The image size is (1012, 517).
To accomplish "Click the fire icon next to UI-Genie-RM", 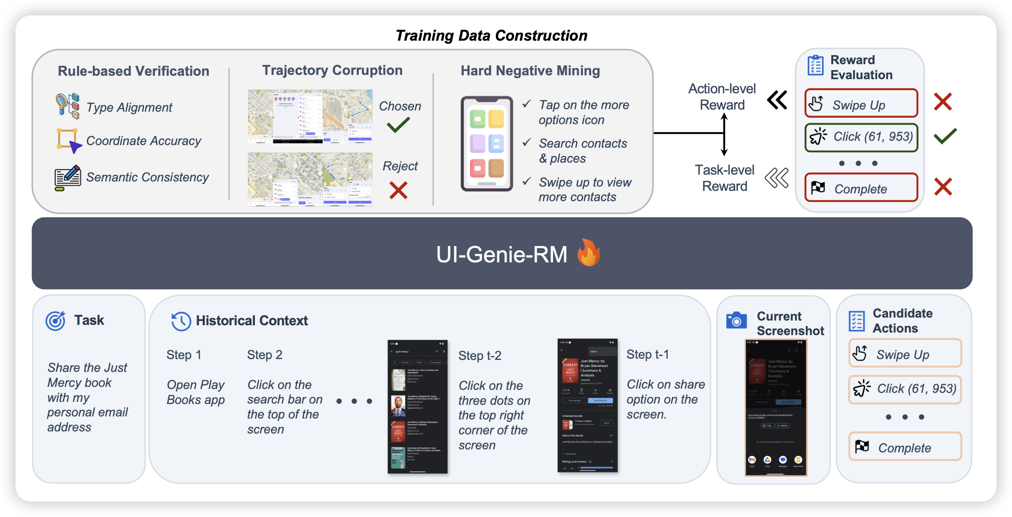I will pos(589,253).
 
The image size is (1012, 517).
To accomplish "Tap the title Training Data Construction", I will pos(491,36).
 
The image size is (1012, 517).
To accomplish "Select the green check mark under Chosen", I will pos(398,125).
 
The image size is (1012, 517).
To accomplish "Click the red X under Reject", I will pos(398,190).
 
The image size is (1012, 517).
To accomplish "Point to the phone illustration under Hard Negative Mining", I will pos(487,144).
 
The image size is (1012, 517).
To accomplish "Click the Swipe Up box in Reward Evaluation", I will pos(861,104).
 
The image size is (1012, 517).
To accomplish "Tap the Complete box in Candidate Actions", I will pos(905,447).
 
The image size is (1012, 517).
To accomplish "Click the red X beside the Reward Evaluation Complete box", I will pos(943,187).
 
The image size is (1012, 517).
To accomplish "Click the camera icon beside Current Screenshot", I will pos(736,321).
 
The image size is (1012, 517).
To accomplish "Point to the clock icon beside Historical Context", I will pos(181,321).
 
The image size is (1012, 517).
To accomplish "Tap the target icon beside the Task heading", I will pos(56,321).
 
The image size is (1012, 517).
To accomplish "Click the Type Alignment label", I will pos(129,107).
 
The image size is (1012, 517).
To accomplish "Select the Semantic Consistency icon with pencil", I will pos(68,178).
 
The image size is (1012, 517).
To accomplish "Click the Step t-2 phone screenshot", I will pos(417,407).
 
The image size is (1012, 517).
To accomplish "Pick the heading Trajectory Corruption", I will pos(332,70).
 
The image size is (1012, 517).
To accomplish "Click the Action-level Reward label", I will pos(722,97).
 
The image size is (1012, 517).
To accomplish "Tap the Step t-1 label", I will pos(647,354).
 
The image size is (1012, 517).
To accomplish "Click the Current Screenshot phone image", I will pos(776,407).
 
